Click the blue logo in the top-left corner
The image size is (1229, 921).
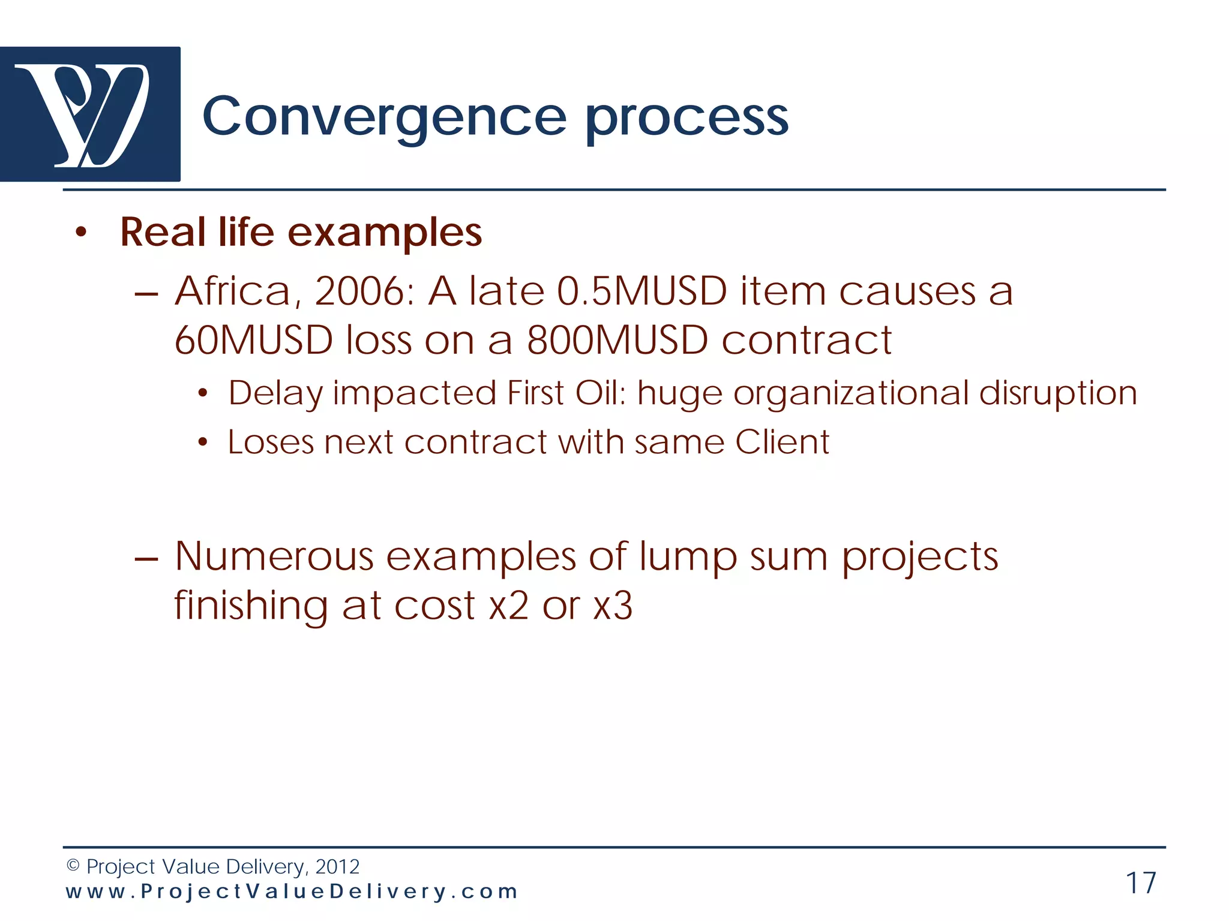click(90, 114)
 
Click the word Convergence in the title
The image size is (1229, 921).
click(384, 117)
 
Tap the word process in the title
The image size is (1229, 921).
click(687, 117)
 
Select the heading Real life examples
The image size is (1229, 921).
click(301, 232)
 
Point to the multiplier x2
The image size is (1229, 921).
click(509, 606)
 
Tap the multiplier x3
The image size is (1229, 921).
click(613, 606)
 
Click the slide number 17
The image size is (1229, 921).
click(1141, 883)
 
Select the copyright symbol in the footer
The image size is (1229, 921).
click(73, 865)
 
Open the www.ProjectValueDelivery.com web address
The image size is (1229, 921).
click(292, 892)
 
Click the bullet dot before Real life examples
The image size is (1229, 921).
click(81, 233)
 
